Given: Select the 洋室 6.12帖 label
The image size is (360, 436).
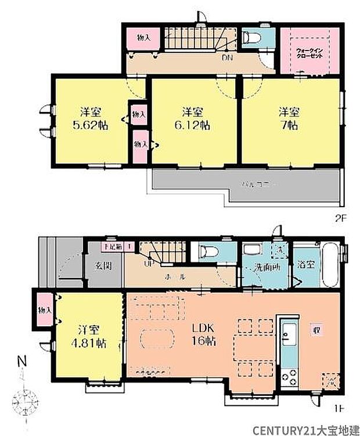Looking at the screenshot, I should pos(193,118).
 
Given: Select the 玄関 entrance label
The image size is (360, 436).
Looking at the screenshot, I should pos(103,267).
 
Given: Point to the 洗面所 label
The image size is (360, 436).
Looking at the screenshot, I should pos(267,271).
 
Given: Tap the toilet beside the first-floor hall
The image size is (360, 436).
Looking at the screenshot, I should pos(209,253).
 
